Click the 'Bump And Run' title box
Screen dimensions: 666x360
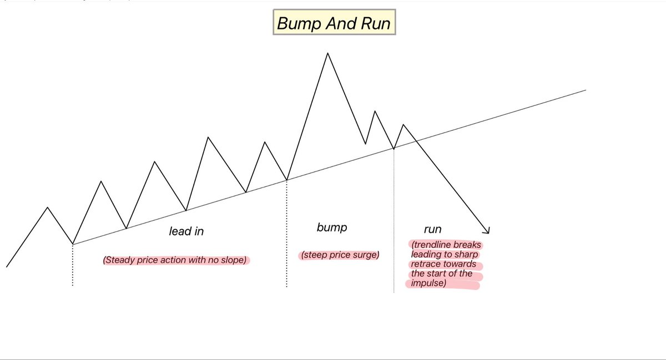tap(334, 23)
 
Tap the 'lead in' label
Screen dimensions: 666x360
tap(186, 231)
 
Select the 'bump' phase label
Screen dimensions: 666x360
tap(332, 227)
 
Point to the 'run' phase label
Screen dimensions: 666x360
tap(433, 229)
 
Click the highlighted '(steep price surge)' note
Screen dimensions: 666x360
tap(339, 255)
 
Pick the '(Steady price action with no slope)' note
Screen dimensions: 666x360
tap(176, 260)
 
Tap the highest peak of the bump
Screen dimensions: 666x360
tap(327, 53)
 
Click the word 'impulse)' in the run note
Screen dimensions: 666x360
tap(428, 284)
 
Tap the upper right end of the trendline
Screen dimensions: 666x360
tap(585, 89)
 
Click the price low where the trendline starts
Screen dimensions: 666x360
tap(73, 244)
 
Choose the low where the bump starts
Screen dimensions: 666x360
tap(286, 180)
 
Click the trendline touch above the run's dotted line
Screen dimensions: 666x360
tap(394, 149)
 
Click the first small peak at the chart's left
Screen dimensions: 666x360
tap(48, 207)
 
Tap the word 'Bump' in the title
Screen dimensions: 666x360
tap(295, 24)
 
